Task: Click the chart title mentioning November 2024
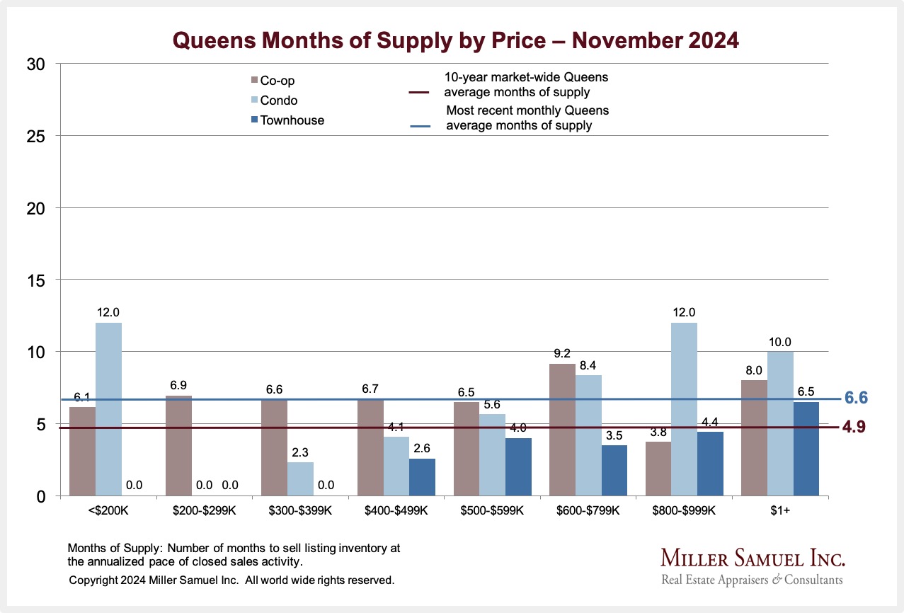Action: (456, 40)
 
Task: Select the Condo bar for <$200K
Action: (108, 409)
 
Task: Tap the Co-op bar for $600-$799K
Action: (562, 430)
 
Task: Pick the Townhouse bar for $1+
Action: (806, 449)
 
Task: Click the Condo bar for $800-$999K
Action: (684, 409)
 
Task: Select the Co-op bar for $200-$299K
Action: (178, 446)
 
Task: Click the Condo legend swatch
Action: (254, 101)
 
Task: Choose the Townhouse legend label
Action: (292, 120)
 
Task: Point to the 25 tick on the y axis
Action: (36, 136)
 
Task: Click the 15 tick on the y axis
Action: (36, 280)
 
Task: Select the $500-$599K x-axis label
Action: (492, 510)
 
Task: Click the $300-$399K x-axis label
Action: (300, 510)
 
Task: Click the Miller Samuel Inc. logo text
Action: (753, 558)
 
